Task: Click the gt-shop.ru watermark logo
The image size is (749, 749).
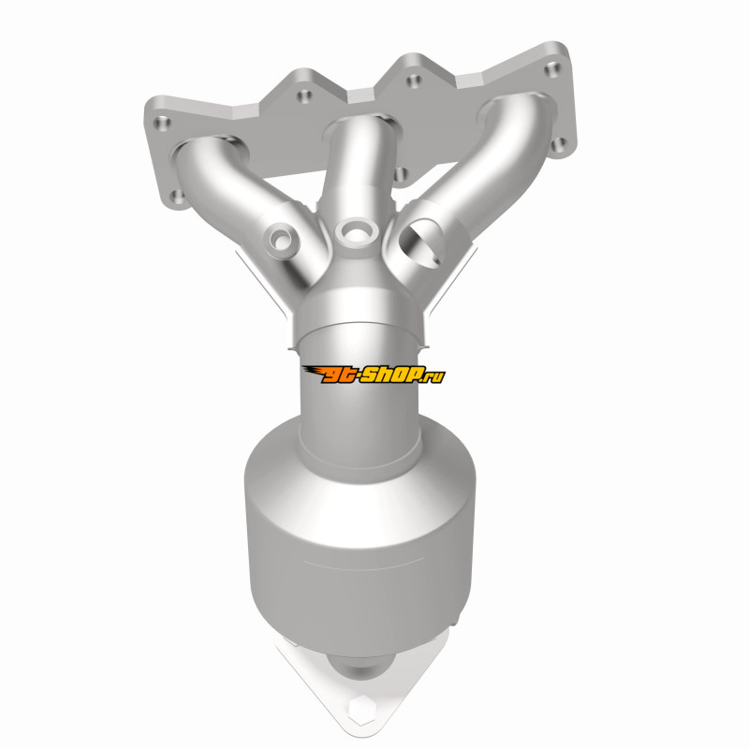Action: pyautogui.click(x=374, y=374)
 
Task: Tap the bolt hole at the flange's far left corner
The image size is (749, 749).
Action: pyautogui.click(x=162, y=123)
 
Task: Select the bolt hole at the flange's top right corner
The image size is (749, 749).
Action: pyautogui.click(x=553, y=69)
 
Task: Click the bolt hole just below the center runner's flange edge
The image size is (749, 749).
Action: pyautogui.click(x=402, y=175)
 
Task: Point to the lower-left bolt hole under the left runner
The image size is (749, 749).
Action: pyautogui.click(x=178, y=197)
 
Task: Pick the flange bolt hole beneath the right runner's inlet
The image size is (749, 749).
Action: pyautogui.click(x=559, y=144)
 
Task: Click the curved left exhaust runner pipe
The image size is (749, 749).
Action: pyautogui.click(x=239, y=200)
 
